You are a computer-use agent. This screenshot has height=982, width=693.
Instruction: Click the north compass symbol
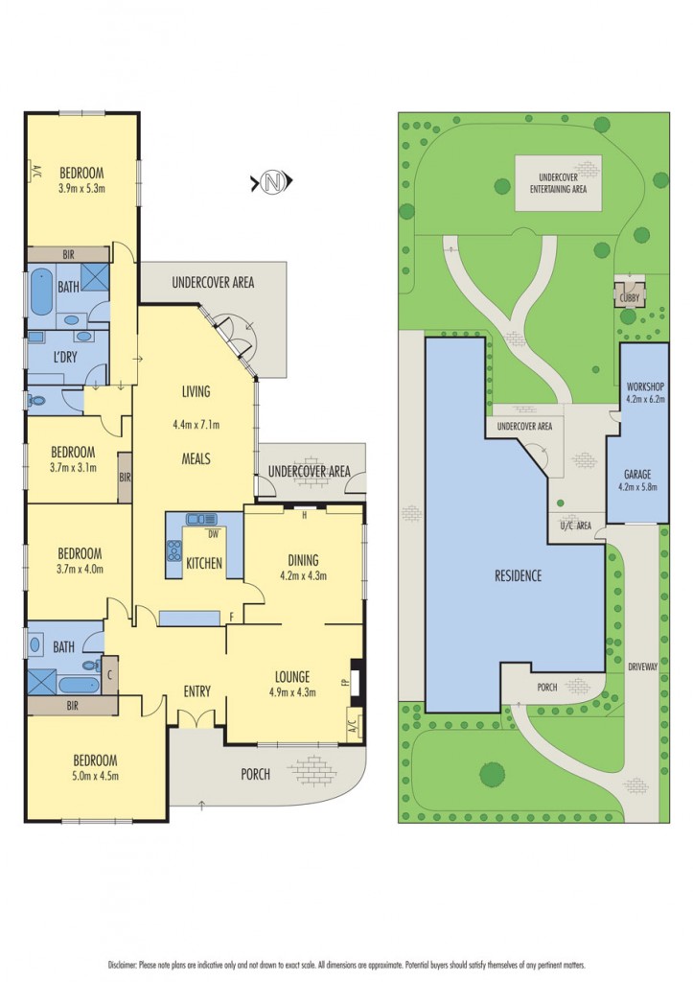tap(271, 182)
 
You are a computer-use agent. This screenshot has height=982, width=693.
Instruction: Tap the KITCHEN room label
tap(204, 563)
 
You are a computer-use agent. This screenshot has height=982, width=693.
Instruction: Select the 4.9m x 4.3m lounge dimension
tap(292, 692)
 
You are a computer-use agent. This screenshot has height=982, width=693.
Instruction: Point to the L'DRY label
tap(65, 359)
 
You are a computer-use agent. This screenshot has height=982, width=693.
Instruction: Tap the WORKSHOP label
tap(645, 387)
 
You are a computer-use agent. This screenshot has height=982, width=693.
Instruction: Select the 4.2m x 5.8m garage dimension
tap(637, 486)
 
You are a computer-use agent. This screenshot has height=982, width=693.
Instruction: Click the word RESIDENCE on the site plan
tap(518, 575)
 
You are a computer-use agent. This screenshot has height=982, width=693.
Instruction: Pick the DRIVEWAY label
tap(643, 667)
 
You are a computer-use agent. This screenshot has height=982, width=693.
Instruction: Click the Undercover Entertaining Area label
tap(559, 183)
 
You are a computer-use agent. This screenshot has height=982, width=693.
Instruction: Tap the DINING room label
tap(303, 560)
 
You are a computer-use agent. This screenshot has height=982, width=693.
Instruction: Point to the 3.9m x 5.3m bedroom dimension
tap(81, 187)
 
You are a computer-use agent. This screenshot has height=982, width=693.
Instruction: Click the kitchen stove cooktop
tap(174, 550)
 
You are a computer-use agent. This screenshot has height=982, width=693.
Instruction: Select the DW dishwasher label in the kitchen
tap(213, 534)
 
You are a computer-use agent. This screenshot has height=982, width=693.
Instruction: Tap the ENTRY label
tap(196, 691)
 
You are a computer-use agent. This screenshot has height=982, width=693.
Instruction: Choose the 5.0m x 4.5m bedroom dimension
tap(95, 776)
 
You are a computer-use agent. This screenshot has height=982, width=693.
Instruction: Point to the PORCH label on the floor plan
tap(255, 774)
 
